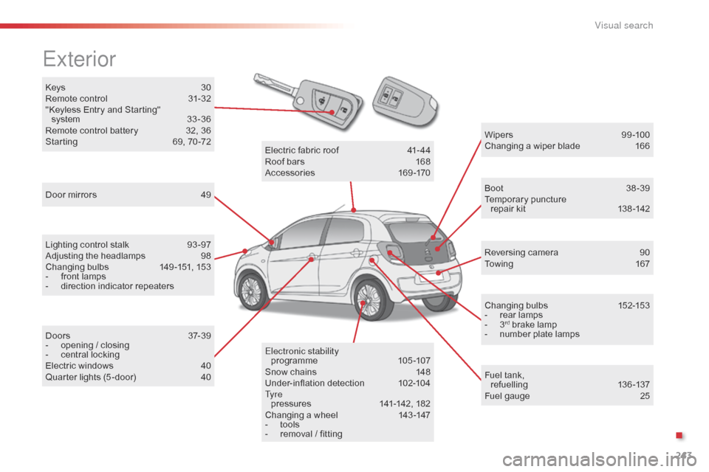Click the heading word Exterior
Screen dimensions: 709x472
80,59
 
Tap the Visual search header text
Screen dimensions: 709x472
623,25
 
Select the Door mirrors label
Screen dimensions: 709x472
71,195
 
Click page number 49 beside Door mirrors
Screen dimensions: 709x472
206,195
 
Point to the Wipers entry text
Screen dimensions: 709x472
499,135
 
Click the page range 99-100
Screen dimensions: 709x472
635,135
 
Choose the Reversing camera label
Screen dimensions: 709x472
521,252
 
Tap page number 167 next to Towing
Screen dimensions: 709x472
643,264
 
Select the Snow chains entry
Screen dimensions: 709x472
291,372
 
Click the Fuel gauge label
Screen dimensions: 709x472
507,396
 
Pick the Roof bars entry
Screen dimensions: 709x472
285,162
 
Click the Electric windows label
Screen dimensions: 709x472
79,365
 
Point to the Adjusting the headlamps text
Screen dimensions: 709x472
95,256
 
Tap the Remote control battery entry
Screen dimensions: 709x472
92,131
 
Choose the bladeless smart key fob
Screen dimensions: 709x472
405,101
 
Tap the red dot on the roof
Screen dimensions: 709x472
354,210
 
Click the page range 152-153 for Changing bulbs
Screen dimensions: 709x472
634,305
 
